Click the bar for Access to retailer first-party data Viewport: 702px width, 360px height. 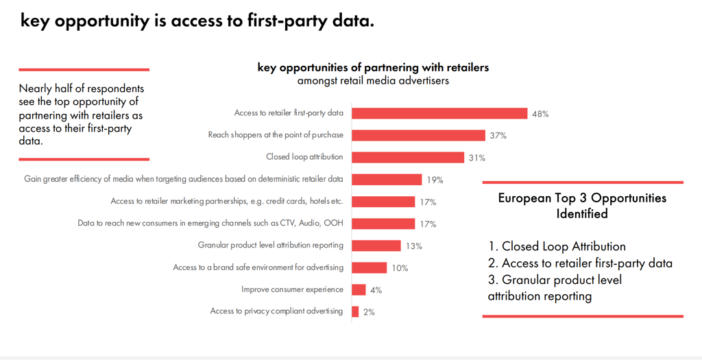pos(439,113)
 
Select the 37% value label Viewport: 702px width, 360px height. pos(498,136)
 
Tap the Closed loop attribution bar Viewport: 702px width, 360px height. pos(408,157)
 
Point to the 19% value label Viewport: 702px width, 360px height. pos(435,180)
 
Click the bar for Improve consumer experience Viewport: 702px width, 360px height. pos(359,289)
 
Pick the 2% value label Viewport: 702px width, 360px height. pos(369,312)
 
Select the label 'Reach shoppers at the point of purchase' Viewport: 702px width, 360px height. pos(276,135)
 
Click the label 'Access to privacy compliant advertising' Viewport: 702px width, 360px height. pos(276,311)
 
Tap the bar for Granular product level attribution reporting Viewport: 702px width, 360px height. pos(376,245)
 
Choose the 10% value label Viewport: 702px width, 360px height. pos(400,268)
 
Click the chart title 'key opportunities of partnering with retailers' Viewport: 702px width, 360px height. pos(373,67)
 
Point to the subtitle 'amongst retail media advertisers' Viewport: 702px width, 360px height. pos(373,81)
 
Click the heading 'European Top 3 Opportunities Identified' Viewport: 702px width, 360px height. pos(582,206)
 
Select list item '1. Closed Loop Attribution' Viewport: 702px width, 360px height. pos(557,246)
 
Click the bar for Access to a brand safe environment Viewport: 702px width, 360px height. pos(370,267)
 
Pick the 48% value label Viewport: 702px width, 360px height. pos(540,114)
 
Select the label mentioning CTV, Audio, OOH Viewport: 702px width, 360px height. pos(210,224)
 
